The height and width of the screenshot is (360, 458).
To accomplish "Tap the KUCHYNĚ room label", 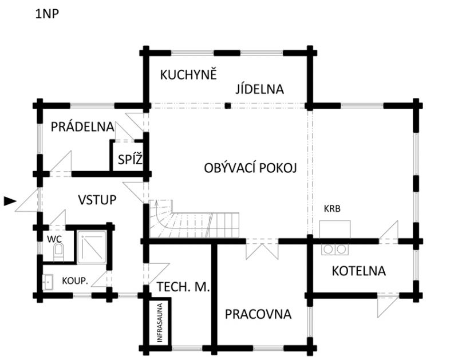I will pyautogui.click(x=188, y=75).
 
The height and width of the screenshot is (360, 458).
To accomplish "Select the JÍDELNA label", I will pyautogui.click(x=260, y=89).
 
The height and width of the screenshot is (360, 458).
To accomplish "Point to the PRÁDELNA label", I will pyautogui.click(x=82, y=126).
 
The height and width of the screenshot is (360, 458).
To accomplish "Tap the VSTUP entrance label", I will pyautogui.click(x=97, y=200).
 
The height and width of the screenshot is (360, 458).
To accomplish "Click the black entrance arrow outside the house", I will pyautogui.click(x=10, y=201).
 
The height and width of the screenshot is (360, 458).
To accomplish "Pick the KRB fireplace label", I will pyautogui.click(x=332, y=209).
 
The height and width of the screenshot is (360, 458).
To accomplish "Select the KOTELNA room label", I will pyautogui.click(x=359, y=270).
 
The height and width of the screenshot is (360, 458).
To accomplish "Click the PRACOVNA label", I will pyautogui.click(x=258, y=314).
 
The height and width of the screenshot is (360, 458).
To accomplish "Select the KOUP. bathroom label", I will pyautogui.click(x=75, y=281).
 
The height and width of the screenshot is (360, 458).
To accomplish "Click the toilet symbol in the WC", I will pyautogui.click(x=58, y=251).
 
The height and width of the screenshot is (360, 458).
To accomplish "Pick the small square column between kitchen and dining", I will pyautogui.click(x=227, y=105).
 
